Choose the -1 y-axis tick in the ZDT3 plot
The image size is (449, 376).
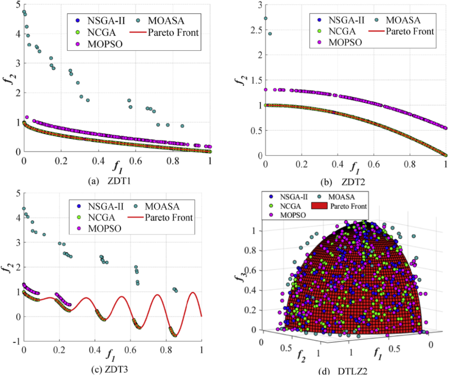(x=15, y=341)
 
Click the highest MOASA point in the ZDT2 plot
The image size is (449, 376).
(x=266, y=18)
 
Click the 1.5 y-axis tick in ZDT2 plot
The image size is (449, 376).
(x=251, y=80)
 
